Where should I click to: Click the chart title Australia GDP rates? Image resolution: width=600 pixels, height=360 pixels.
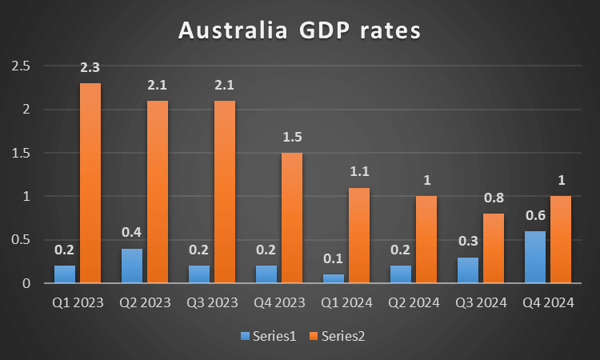(299, 32)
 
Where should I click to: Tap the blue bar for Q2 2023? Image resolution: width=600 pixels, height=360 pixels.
(131, 266)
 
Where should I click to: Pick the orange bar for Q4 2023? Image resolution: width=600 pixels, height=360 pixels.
(291, 218)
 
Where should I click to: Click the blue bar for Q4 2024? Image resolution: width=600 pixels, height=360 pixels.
(534, 257)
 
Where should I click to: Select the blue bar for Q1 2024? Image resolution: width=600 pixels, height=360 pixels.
(333, 278)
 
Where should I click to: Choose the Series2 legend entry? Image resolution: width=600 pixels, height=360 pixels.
(339, 337)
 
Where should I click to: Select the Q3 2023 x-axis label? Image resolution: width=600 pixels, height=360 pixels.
(212, 302)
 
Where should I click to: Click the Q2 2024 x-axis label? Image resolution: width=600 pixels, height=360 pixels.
(414, 302)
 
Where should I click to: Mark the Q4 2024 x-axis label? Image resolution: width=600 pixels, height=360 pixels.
(548, 302)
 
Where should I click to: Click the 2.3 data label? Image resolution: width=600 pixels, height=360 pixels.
(90, 70)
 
